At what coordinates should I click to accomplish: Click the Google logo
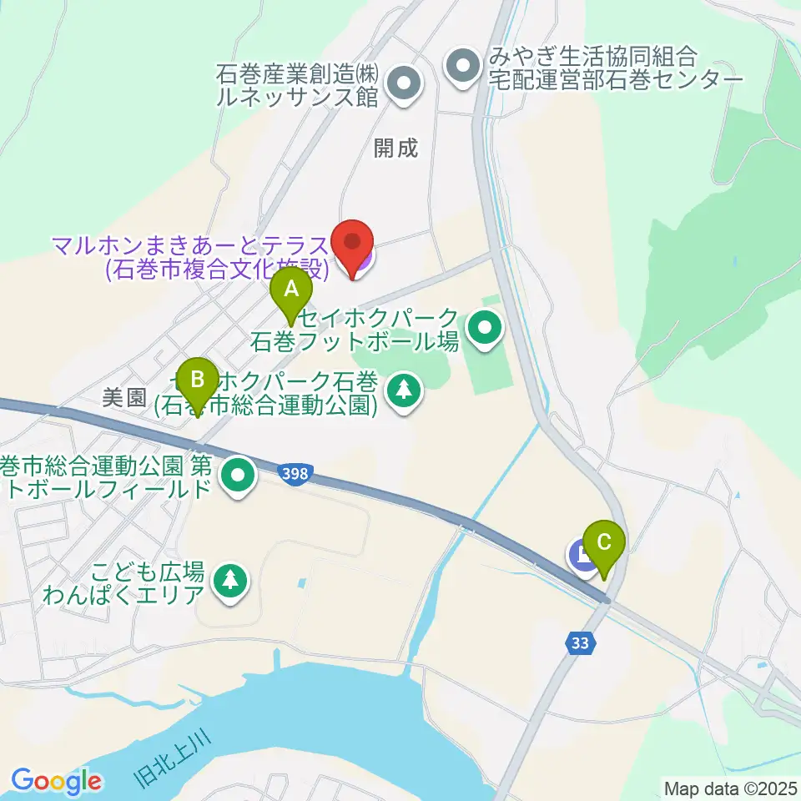point(57,782)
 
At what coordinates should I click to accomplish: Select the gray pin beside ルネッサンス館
point(405,83)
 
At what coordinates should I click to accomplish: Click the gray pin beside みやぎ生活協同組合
point(461,63)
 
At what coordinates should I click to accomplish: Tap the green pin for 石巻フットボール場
point(483,328)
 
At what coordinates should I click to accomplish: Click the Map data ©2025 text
point(729,787)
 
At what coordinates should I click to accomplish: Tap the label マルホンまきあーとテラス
point(190,245)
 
